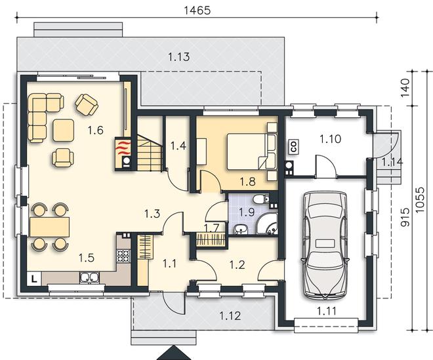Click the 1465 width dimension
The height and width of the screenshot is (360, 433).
click(x=197, y=10)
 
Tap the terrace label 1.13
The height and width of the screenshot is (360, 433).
click(x=179, y=57)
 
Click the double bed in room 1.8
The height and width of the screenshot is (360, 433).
click(x=251, y=151)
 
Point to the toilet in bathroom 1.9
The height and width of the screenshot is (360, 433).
click(x=260, y=199)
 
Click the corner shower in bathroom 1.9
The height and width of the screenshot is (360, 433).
click(x=267, y=224)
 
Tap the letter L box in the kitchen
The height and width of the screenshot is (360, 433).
click(x=34, y=279)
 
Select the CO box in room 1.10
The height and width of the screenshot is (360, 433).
click(x=294, y=147)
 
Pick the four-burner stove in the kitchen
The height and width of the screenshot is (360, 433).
click(x=123, y=256)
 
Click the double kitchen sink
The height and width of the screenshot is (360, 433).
click(x=89, y=278)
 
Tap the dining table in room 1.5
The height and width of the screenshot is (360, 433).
click(x=49, y=227)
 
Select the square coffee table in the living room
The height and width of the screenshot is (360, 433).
click(x=64, y=130)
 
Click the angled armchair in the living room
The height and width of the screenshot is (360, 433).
click(x=87, y=105)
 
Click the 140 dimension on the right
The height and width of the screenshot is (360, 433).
click(x=405, y=88)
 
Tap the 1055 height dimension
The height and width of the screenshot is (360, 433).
click(x=420, y=200)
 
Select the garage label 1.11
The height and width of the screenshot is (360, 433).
click(x=327, y=311)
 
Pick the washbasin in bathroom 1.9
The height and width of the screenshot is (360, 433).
click(x=241, y=230)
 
